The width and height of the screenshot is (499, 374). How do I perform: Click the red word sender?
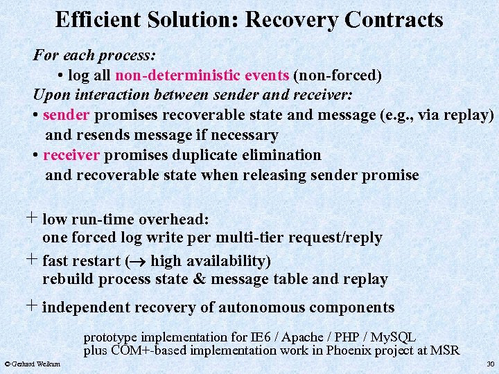(67, 114)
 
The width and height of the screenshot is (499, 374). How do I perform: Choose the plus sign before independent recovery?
(32, 305)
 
